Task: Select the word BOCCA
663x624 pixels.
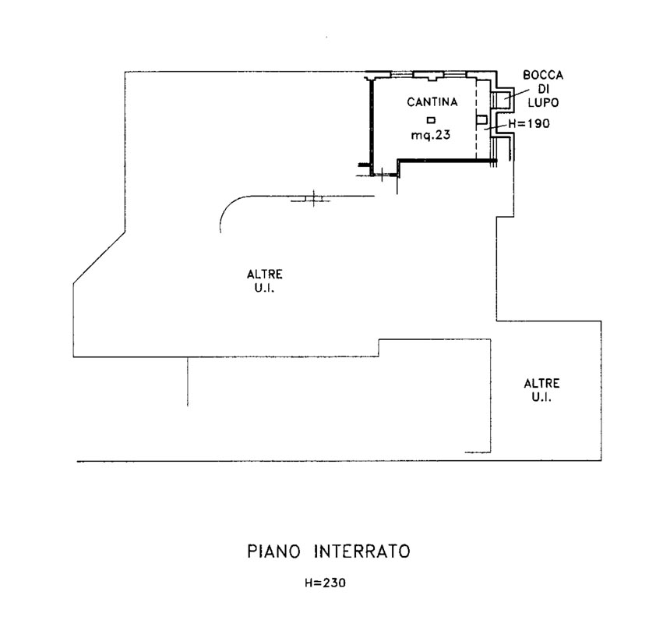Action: pos(542,76)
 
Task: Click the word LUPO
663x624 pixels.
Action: pos(542,102)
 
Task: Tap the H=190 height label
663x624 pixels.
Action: pos(530,124)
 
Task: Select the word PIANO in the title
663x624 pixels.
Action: pos(278,551)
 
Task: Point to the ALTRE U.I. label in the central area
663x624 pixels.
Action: pos(265,280)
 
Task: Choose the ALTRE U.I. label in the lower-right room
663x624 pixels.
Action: pos(541,390)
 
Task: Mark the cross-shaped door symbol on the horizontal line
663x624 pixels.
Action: pos(312,199)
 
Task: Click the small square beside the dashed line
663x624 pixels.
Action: pos(481,119)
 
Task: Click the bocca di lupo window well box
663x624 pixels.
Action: pos(503,99)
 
